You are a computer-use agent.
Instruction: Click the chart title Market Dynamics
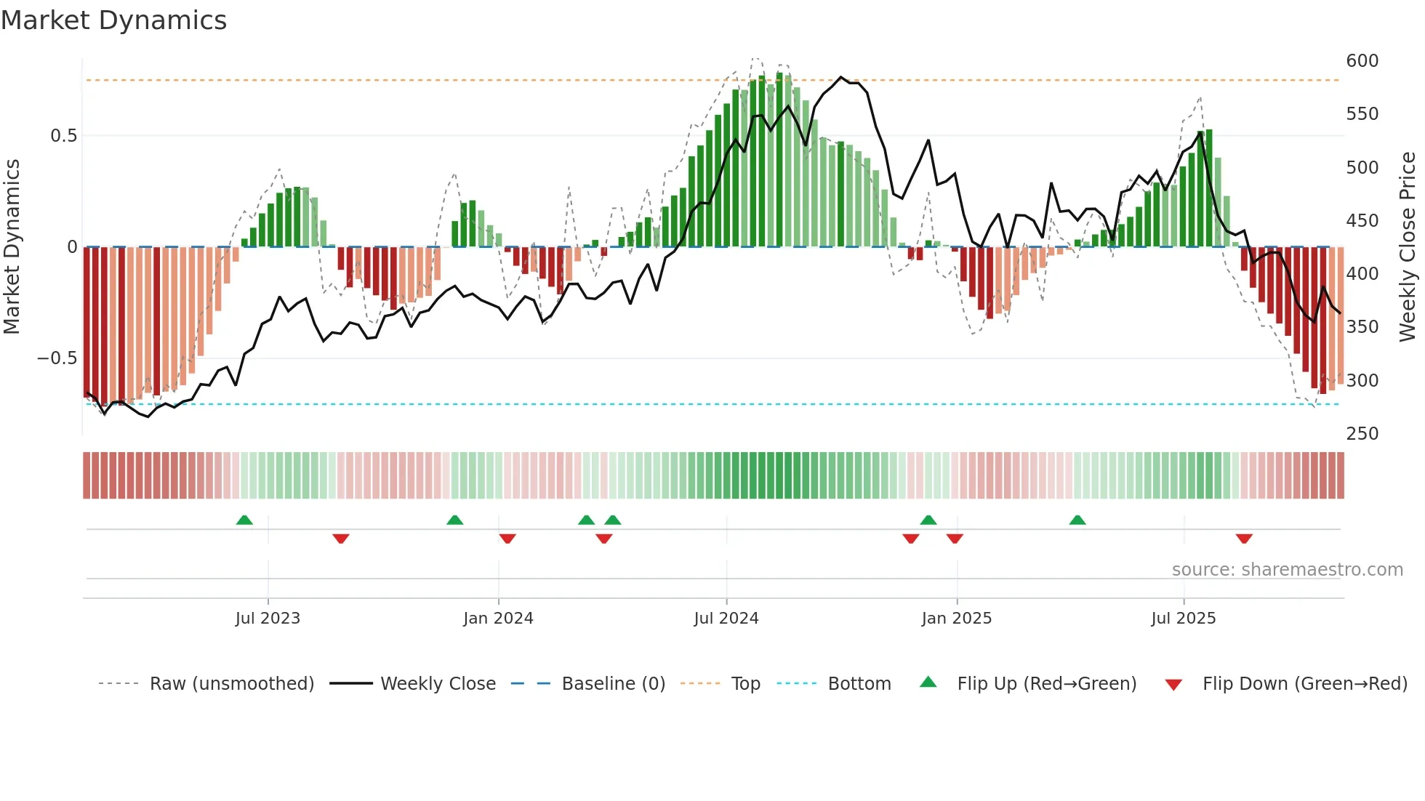pyautogui.click(x=114, y=20)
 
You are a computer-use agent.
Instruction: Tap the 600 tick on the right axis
pyautogui.click(x=1362, y=61)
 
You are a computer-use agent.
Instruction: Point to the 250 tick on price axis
pyautogui.click(x=1362, y=434)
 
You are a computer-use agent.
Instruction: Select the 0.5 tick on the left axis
pyautogui.click(x=63, y=136)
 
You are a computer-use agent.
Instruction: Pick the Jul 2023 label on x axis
pyautogui.click(x=268, y=619)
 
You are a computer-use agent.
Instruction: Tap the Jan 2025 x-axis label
pyautogui.click(x=956, y=619)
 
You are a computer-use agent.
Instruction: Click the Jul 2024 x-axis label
pyautogui.click(x=726, y=619)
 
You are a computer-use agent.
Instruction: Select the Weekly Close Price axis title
pyautogui.click(x=1408, y=247)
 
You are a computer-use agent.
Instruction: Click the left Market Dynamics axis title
pyautogui.click(x=12, y=247)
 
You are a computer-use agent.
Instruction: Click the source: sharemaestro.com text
pyautogui.click(x=1287, y=570)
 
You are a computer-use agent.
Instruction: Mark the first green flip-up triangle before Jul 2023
pyautogui.click(x=244, y=520)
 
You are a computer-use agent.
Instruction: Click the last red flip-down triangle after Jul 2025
pyautogui.click(x=1244, y=539)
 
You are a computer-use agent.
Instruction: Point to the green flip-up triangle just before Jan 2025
pyautogui.click(x=928, y=520)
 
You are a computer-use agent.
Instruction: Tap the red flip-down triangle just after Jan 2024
pyautogui.click(x=507, y=539)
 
